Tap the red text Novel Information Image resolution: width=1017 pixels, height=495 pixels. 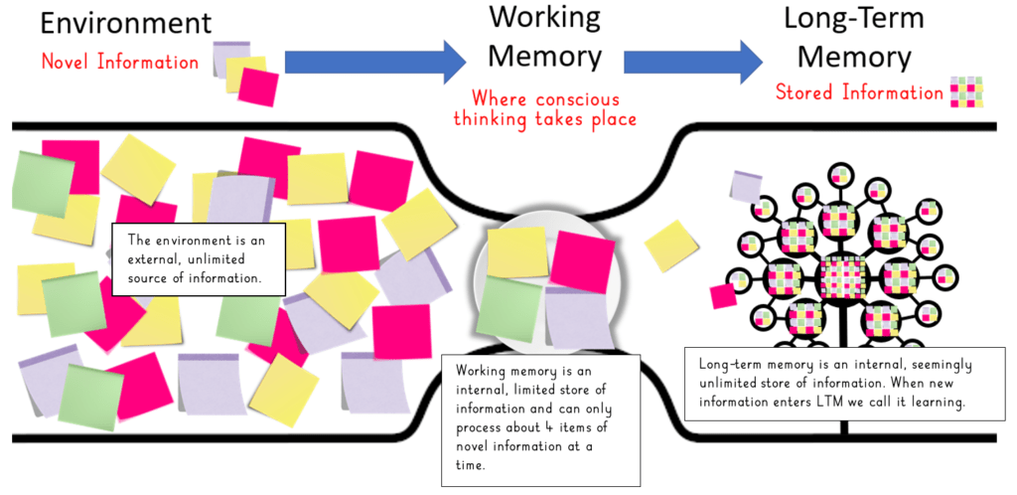pyautogui.click(x=120, y=62)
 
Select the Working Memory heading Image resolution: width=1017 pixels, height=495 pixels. pyautogui.click(x=545, y=37)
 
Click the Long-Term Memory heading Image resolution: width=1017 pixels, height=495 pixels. pyautogui.click(x=853, y=37)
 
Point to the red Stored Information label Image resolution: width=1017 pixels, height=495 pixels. pyautogui.click(x=859, y=93)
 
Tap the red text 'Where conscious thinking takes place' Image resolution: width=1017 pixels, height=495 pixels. pyautogui.click(x=545, y=109)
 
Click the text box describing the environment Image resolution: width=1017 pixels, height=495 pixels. pyautogui.click(x=199, y=258)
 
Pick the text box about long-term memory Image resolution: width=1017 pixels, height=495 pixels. pyautogui.click(x=845, y=383)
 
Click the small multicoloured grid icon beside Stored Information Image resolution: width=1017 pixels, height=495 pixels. pyautogui.click(x=967, y=91)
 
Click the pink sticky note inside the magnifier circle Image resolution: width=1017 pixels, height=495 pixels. pyautogui.click(x=582, y=260)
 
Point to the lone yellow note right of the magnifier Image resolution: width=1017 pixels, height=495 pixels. pyautogui.click(x=673, y=246)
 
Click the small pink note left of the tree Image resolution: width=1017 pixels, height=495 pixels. pyautogui.click(x=723, y=295)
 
